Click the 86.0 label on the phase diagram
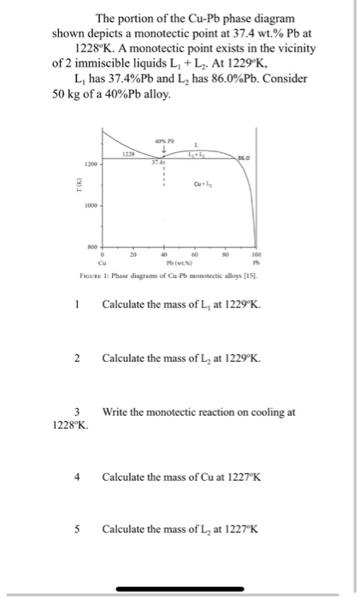click(245, 157)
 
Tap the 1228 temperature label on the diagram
click(127, 153)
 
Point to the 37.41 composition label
click(157, 161)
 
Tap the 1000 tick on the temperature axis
click(91, 205)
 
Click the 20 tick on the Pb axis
click(132, 255)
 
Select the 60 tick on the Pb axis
click(195, 255)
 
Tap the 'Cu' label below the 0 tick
click(102, 263)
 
